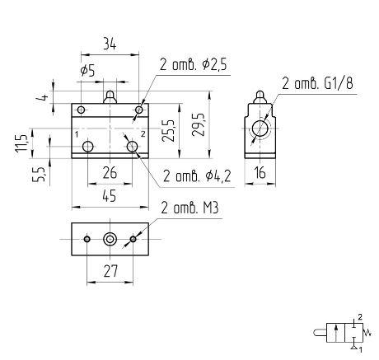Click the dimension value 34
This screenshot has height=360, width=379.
(110, 44)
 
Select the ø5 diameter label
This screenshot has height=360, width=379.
(88, 71)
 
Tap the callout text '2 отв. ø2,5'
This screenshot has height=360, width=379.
(194, 65)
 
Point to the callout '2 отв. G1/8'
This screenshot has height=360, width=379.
(317, 83)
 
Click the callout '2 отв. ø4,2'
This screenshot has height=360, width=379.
(197, 176)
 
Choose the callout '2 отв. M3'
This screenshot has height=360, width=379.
(189, 208)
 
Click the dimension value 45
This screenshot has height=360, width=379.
(110, 196)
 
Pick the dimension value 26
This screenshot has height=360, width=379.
(110, 173)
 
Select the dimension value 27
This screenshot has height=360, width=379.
(110, 271)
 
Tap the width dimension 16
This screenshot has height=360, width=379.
(260, 173)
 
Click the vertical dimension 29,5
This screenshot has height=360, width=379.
(199, 124)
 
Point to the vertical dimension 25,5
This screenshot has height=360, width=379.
(168, 131)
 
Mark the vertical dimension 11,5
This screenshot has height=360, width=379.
(21, 143)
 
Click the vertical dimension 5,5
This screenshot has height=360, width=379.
(39, 174)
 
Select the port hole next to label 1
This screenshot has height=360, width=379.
(88, 147)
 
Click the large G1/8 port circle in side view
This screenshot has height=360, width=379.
(260, 129)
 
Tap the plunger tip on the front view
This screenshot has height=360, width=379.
(110, 93)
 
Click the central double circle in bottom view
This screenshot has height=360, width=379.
(110, 240)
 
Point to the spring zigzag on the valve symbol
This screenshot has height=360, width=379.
(367, 333)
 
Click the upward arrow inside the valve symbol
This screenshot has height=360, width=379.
(335, 333)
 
